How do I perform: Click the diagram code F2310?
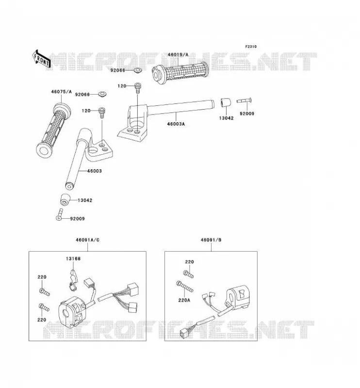pos(251,47)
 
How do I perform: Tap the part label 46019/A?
pos(178,55)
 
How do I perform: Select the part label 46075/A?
pos(62,92)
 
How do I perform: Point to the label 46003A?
pos(176,124)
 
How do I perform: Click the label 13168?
pos(73,259)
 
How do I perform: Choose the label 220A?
pos(184,300)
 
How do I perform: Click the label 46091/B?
pos(211,240)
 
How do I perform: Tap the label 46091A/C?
pos(88,240)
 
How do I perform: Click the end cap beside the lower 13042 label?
pos(65,200)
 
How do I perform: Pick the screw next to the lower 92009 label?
pos(59,214)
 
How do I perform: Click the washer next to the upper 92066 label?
pos(137,70)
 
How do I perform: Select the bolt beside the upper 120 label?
pos(137,88)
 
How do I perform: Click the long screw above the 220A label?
pos(185,287)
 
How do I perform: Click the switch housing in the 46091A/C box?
pos(71,312)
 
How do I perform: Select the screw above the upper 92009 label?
pos(244,100)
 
